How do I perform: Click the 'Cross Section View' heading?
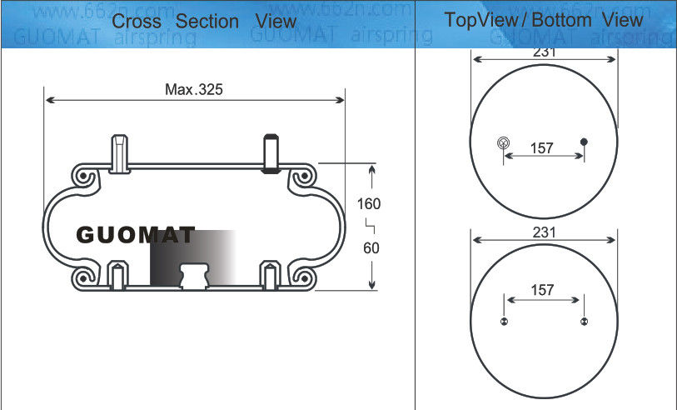tap(203, 21)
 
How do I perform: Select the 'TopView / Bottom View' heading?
tap(543, 19)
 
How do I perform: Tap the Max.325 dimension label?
tap(194, 88)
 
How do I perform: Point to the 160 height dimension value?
tap(369, 204)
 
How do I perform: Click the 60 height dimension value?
tap(370, 247)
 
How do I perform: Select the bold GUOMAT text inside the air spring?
tap(136, 236)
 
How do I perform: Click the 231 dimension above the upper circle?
tap(544, 52)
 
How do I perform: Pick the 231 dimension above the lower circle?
tap(544, 233)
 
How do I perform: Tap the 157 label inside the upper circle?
tap(542, 148)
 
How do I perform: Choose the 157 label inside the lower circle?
tap(542, 290)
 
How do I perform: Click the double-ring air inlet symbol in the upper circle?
tap(502, 142)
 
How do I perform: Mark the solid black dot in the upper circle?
tap(584, 142)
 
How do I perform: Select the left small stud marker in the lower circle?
tap(503, 322)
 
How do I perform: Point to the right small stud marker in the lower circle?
tap(584, 322)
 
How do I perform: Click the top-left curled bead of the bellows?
tap(85, 177)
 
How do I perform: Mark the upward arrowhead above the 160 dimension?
tap(371, 170)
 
